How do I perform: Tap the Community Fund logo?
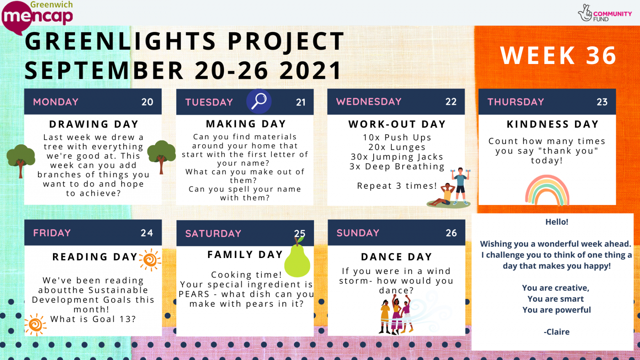[x=604, y=14]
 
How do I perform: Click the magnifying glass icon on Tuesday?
[x=259, y=101]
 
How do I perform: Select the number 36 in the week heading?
[x=601, y=55]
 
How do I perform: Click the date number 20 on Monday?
[x=147, y=102]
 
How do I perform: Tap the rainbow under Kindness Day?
[x=547, y=190]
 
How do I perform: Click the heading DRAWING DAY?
[x=94, y=124]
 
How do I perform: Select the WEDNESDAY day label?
[x=369, y=102]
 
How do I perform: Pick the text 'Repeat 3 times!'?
[x=397, y=186]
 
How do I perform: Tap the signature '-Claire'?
[x=556, y=332]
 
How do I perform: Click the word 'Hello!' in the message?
[x=557, y=222]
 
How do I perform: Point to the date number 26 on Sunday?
[x=451, y=233]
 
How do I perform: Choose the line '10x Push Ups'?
[x=397, y=138]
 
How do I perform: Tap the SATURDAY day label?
[x=213, y=233]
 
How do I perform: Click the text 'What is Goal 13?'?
[x=93, y=319]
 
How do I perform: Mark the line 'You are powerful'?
[x=556, y=310]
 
